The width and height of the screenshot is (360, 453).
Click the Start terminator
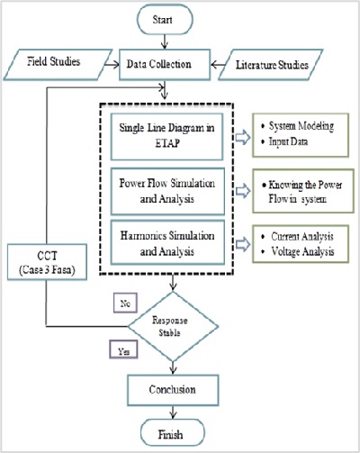165,20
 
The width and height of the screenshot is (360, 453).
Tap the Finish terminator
173,433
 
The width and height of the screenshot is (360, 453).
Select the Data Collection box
165,65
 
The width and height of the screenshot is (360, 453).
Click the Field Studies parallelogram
58,65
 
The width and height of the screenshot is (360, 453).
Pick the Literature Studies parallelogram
270,65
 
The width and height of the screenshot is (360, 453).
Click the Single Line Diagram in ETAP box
166,137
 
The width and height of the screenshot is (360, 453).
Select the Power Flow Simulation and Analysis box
167,191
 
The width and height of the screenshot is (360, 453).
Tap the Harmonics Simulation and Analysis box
167,242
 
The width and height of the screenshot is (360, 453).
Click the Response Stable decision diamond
173,326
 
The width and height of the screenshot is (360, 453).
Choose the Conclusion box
173,390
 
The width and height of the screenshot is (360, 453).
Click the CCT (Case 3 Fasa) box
47,262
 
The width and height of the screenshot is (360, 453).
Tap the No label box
125,303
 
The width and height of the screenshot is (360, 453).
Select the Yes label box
123,349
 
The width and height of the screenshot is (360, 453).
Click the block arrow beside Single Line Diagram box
242,137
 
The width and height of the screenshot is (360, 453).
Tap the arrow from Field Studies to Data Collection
112,65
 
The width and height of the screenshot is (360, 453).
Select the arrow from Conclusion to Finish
173,412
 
